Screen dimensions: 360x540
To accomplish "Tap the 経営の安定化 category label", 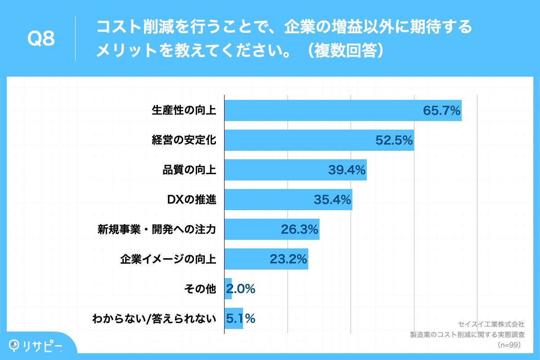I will (184, 140).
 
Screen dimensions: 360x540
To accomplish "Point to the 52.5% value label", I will (394, 140).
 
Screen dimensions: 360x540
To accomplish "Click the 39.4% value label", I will (347, 170).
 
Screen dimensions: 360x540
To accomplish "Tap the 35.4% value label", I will (333, 200).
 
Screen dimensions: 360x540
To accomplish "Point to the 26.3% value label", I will (300, 229).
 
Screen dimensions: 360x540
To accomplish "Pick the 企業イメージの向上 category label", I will (168, 259).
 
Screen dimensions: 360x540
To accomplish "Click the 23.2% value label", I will (288, 259).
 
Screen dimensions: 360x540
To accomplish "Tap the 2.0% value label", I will (241, 289).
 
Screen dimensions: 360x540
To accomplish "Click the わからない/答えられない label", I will (154, 319).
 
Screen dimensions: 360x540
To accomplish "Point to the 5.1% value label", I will (241, 319).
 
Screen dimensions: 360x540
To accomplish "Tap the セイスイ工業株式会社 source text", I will (491, 324).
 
